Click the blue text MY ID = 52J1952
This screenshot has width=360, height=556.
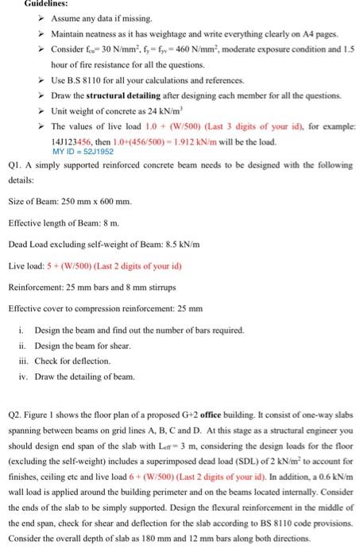[x=80, y=152]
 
